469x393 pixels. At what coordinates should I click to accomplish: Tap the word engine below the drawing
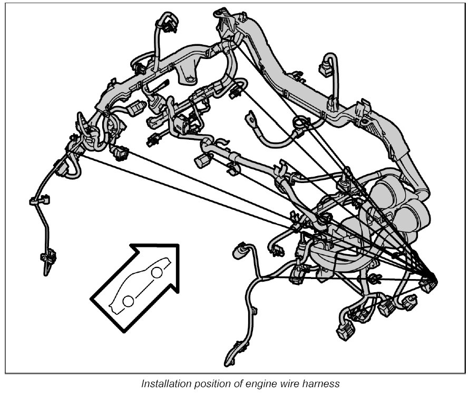[247, 384]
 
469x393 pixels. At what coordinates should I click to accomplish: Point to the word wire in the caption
[277, 384]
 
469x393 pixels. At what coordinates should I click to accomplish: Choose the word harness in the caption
[309, 384]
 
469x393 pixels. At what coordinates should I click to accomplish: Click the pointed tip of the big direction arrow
[178, 245]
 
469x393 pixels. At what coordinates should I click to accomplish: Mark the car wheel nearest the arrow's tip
[157, 272]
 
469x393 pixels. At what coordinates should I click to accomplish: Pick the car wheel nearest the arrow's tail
[128, 301]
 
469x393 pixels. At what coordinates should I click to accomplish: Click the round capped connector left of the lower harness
[242, 248]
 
